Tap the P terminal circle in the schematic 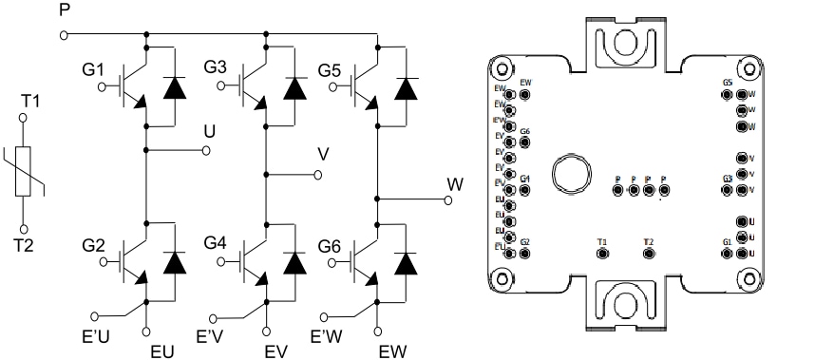pos(64,35)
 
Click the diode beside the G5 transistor pos(408,88)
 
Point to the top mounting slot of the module pos(621,43)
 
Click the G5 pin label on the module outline pos(728,83)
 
